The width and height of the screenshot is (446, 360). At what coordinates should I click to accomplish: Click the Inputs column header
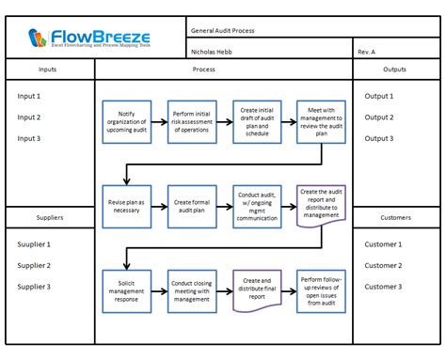click(52, 70)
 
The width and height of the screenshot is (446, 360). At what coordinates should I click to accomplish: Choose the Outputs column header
click(395, 70)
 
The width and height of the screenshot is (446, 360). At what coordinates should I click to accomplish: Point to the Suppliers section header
click(52, 217)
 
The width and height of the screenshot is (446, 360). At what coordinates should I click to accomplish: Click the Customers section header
click(395, 217)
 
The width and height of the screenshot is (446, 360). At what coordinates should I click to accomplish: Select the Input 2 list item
click(29, 117)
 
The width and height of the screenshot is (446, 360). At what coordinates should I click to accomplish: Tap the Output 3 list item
click(379, 138)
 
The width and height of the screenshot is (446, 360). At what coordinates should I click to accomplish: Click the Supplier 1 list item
click(34, 244)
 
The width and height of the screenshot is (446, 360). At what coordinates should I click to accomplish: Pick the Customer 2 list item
click(383, 265)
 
